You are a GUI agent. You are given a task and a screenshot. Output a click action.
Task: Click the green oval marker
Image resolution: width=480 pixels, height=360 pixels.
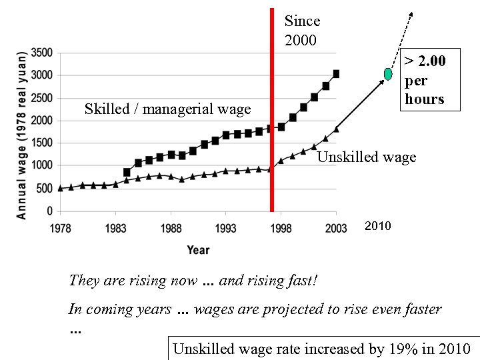tap(387, 73)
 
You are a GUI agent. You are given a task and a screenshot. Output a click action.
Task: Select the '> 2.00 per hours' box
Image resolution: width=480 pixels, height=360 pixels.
tap(424, 81)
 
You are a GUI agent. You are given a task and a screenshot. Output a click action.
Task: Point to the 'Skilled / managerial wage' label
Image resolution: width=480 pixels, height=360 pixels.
tap(167, 109)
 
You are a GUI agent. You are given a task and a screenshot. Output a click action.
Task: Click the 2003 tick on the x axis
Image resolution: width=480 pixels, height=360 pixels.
tap(335, 229)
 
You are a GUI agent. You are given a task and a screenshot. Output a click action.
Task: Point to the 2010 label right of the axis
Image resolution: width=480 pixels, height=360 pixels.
tap(378, 227)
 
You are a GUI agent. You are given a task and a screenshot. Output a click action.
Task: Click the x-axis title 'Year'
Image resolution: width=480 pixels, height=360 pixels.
tap(198, 250)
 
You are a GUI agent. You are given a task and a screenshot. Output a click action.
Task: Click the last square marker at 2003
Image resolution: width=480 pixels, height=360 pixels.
tap(336, 74)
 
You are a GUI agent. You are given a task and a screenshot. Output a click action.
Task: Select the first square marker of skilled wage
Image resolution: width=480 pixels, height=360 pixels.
tap(127, 172)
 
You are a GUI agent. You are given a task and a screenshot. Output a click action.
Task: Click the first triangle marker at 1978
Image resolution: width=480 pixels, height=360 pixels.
tap(61, 188)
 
